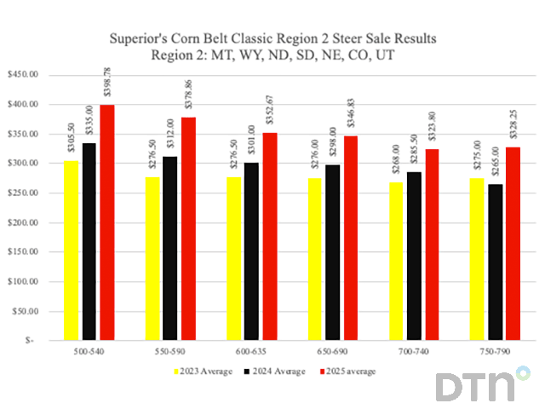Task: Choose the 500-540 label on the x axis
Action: [x=88, y=351]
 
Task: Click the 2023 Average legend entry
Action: [x=204, y=372]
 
